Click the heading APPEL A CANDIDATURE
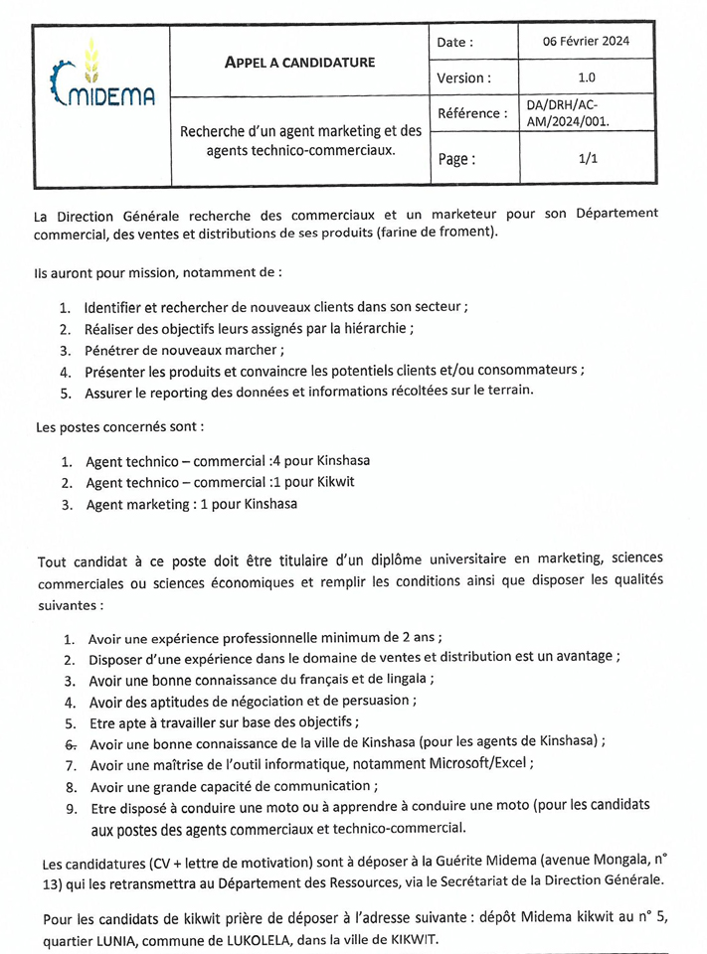(x=299, y=62)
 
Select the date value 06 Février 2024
(x=586, y=42)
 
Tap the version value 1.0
(x=586, y=77)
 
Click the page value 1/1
(x=586, y=157)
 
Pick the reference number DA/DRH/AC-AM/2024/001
(x=568, y=113)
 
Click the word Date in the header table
(x=454, y=43)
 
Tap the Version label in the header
(x=462, y=78)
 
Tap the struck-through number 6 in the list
(x=69, y=743)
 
